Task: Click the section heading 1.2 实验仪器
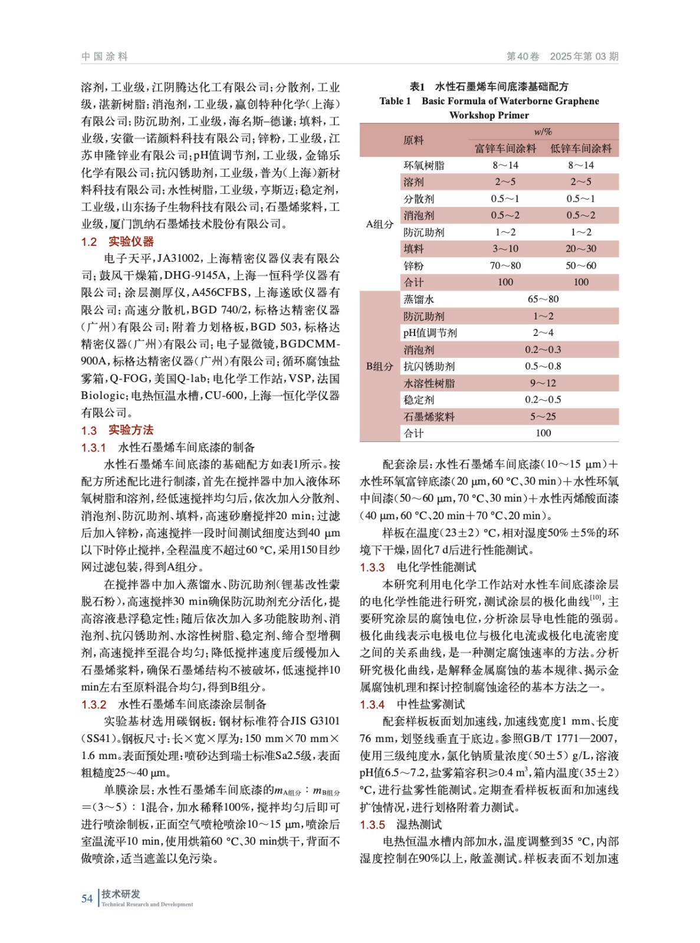(117, 242)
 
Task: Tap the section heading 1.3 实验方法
(117, 430)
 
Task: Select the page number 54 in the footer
(87, 898)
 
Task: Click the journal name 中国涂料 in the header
(104, 57)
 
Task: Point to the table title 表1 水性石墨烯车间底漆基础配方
(489, 87)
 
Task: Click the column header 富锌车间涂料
(505, 149)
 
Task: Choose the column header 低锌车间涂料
(581, 149)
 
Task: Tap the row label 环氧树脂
(424, 166)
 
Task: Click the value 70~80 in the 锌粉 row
(505, 266)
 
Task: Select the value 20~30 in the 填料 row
(581, 249)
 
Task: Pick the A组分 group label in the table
(379, 224)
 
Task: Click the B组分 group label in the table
(379, 367)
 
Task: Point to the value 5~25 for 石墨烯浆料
(543, 417)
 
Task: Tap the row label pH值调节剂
(430, 333)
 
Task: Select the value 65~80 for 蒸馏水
(543, 299)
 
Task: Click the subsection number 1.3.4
(372, 704)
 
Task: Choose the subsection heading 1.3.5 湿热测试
(400, 825)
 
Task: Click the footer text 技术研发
(121, 894)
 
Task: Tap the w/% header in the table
(543, 132)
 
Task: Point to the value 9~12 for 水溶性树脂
(543, 383)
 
